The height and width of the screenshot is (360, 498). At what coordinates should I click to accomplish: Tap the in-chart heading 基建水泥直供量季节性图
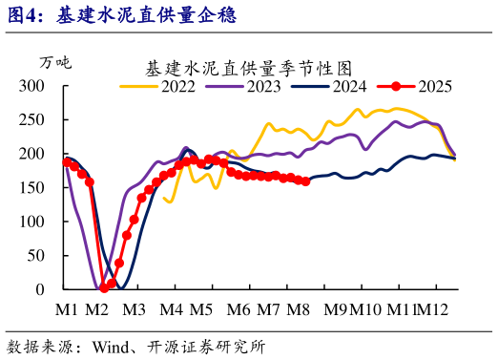coord(249,69)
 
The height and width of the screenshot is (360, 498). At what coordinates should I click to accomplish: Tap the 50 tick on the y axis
coord(36,255)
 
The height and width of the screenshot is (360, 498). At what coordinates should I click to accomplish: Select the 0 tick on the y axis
coord(40,288)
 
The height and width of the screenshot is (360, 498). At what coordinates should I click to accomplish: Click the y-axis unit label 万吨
coord(54,63)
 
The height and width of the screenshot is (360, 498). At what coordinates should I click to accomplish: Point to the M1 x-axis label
coord(66,309)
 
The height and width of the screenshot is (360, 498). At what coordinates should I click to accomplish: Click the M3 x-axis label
coord(133,309)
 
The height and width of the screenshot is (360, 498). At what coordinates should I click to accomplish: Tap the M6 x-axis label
coord(239,309)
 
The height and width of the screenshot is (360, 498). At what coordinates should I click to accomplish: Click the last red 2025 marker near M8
coord(305,180)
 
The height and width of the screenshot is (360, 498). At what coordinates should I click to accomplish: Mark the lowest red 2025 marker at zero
coord(103,287)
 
